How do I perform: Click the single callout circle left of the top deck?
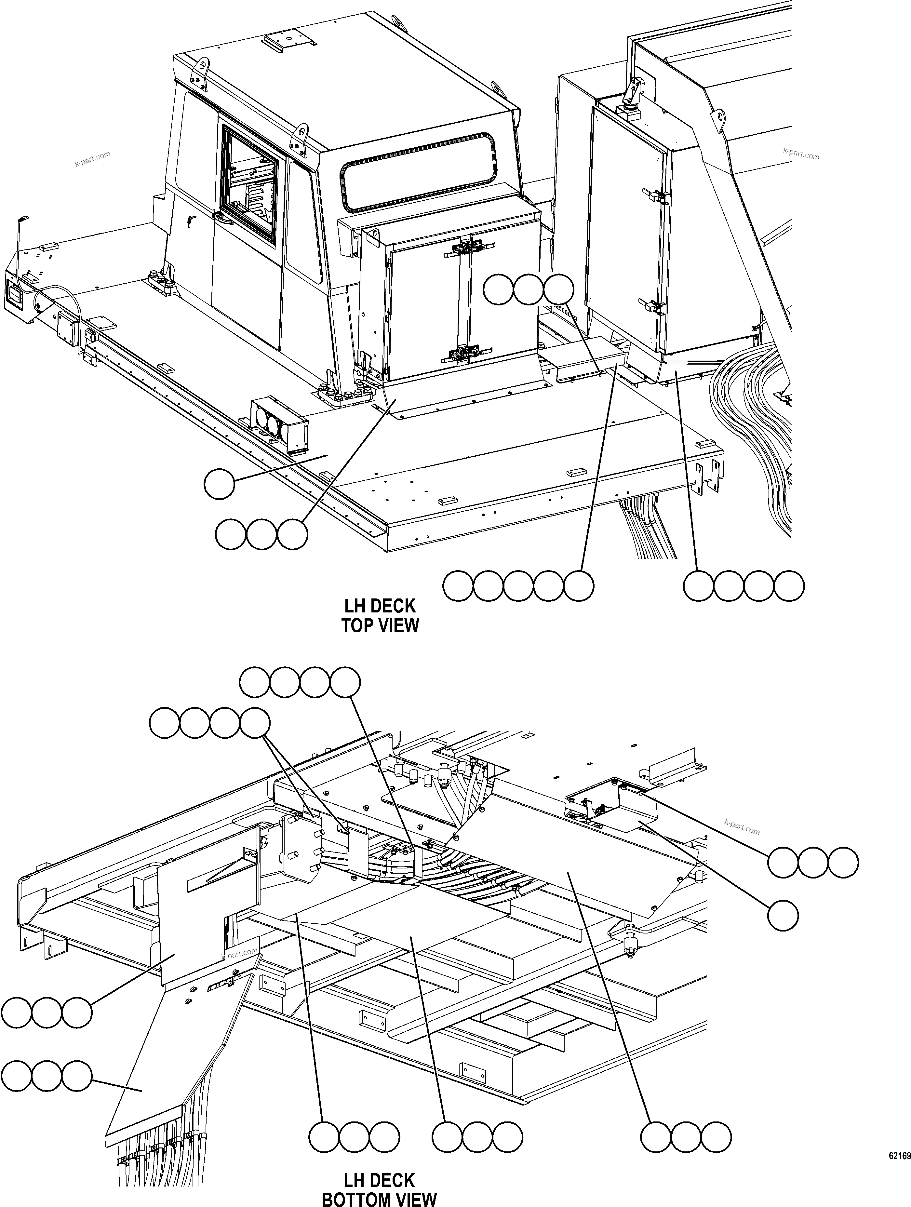click(219, 483)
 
